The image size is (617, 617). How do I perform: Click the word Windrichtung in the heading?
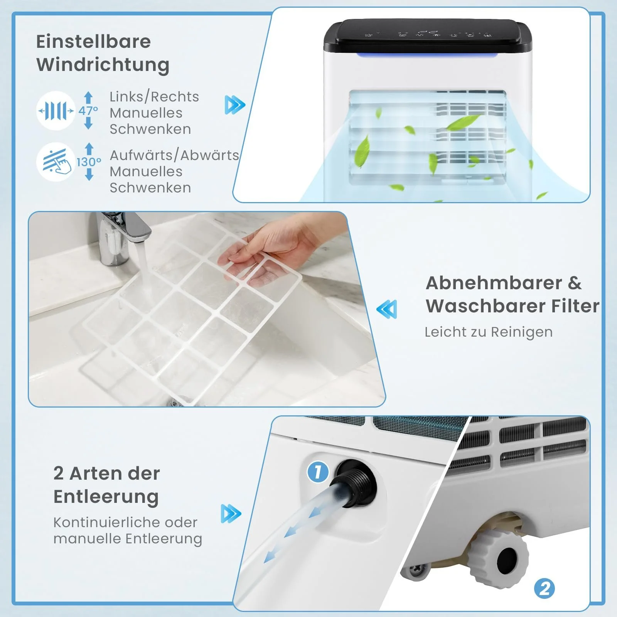[103, 65]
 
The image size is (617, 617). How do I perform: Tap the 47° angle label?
[88, 111]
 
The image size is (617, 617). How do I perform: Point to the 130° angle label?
[89, 162]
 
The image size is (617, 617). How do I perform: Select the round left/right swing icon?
[56, 111]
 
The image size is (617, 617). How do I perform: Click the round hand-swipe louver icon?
[56, 162]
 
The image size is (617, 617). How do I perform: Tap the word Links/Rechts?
[154, 96]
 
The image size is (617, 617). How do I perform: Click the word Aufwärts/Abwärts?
[174, 155]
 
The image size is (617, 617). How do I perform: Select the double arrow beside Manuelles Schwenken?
[235, 105]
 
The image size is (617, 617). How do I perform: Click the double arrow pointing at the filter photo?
[386, 309]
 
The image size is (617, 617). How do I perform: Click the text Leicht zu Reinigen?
[489, 332]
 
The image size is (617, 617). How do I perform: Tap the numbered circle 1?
[318, 472]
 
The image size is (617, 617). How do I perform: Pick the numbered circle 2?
[545, 588]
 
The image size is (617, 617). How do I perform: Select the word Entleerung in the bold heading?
[106, 497]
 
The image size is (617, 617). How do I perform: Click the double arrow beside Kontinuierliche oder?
[231, 514]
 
